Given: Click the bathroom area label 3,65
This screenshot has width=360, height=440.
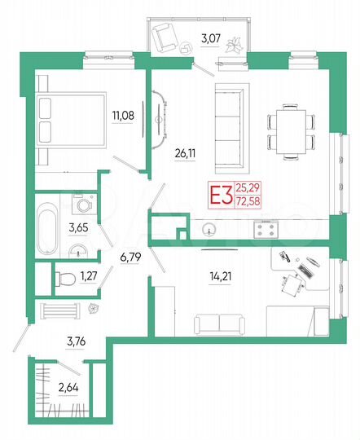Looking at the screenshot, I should pyautogui.click(x=78, y=229).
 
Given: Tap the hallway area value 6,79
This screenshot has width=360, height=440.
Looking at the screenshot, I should pyautogui.click(x=130, y=258).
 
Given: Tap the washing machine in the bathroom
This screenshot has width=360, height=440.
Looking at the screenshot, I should pyautogui.click(x=79, y=200).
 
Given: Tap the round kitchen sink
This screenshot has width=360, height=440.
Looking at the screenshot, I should pyautogui.click(x=211, y=230).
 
